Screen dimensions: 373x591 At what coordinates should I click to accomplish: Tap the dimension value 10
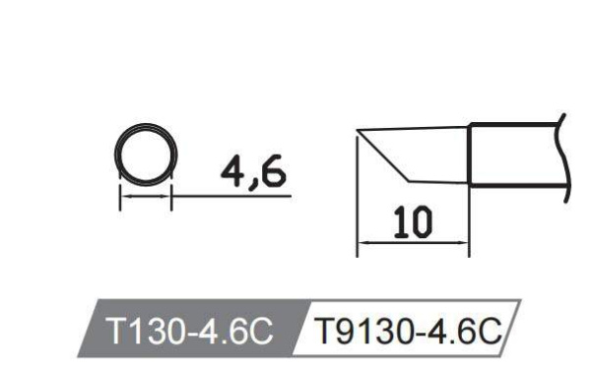[410, 225]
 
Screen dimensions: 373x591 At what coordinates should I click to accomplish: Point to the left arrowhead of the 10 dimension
[361, 243]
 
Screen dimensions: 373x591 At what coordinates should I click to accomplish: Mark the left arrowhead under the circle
[123, 197]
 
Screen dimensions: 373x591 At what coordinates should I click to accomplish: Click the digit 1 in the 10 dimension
[398, 225]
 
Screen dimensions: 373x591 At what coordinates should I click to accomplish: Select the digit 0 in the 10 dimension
[420, 225]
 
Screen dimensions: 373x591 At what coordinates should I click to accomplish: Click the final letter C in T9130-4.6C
[489, 331]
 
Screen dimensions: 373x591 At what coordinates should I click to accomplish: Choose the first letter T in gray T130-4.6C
[117, 331]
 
